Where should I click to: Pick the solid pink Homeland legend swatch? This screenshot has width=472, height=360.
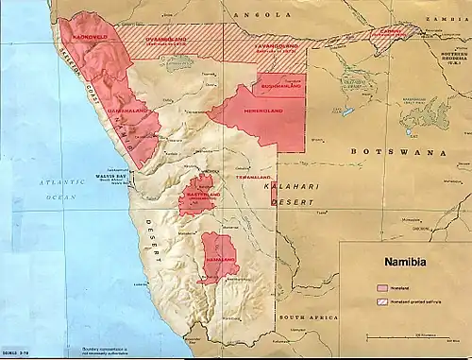click(383, 284)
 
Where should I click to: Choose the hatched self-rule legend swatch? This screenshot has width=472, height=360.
click(383, 300)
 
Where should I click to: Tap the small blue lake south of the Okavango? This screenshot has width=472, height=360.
click(348, 111)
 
